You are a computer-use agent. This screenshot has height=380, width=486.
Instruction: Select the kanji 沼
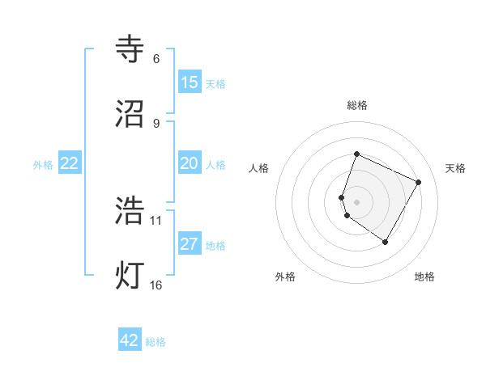click(131, 113)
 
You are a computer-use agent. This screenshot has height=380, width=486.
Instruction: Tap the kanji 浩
click(131, 210)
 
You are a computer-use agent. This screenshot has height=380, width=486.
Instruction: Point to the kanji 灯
click(131, 273)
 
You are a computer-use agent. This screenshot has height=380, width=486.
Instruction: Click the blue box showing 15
click(190, 82)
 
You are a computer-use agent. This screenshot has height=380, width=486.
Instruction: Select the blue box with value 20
click(190, 163)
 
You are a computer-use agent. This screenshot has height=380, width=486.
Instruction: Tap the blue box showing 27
click(190, 244)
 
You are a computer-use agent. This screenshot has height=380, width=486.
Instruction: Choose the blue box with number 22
click(70, 163)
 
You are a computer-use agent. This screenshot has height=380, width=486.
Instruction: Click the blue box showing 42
click(130, 340)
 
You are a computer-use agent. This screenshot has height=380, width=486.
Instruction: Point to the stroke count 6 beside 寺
click(156, 59)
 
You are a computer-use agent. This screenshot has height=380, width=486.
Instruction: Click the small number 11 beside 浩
click(156, 220)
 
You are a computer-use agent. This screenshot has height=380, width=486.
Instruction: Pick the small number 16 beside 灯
click(156, 285)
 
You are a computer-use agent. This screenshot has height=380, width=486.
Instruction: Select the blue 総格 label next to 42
click(156, 342)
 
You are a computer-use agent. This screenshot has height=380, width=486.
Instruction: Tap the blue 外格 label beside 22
click(43, 165)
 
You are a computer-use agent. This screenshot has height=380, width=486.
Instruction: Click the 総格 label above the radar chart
click(357, 105)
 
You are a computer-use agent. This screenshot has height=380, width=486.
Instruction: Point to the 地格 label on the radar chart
click(424, 277)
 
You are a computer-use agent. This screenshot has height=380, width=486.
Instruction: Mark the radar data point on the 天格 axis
click(418, 182)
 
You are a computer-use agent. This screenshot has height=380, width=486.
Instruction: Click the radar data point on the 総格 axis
click(356, 154)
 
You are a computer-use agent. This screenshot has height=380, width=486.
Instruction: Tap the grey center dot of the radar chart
click(356, 201)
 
